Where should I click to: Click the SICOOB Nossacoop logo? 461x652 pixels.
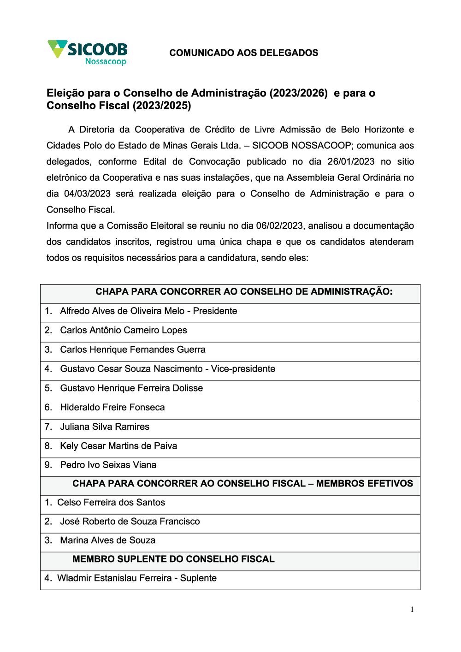click(88, 53)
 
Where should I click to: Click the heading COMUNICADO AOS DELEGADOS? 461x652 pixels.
click(243, 53)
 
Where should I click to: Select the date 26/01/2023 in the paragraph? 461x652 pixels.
click(351, 162)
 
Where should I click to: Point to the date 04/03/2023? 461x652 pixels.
click(87, 194)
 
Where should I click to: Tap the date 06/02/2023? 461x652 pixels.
click(279, 226)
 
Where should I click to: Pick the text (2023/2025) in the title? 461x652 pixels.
click(162, 106)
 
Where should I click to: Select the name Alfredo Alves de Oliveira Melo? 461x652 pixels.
click(122, 311)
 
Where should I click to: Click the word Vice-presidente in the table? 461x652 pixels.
click(243, 369)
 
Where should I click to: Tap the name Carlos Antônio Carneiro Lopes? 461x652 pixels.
click(124, 331)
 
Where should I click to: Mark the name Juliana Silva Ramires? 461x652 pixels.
click(105, 427)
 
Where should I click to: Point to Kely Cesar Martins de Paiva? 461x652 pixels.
click(118, 446)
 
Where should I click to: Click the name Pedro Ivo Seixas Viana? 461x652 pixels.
click(108, 465)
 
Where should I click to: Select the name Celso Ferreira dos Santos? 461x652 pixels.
click(111, 503)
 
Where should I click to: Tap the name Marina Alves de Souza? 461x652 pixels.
click(108, 540)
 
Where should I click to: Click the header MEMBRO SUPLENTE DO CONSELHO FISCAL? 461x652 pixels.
click(173, 559)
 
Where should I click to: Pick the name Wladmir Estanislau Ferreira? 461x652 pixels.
click(114, 578)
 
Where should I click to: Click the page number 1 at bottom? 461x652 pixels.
click(412, 610)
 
